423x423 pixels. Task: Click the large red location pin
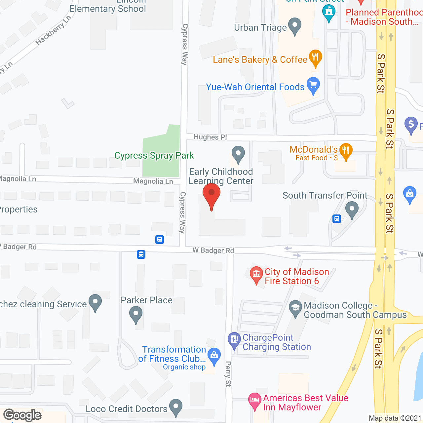211,195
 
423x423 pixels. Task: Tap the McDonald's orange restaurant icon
346,152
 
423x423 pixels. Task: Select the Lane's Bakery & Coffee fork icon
315,58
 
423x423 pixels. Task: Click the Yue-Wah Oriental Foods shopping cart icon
313,86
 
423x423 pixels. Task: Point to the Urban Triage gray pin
295,26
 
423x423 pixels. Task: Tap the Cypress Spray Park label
154,155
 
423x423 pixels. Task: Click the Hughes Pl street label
210,137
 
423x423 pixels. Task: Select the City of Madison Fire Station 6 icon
256,274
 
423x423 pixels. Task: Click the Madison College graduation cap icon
295,308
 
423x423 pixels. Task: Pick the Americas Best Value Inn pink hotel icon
254,401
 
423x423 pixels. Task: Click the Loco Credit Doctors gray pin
176,407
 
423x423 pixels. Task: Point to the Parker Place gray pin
135,314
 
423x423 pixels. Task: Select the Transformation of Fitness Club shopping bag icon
214,356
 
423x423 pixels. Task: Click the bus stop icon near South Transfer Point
337,219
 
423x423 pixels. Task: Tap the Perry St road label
228,374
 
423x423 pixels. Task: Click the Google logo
22,415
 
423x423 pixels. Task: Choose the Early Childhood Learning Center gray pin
238,154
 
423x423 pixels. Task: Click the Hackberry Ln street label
53,30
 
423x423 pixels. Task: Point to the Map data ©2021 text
395,418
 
